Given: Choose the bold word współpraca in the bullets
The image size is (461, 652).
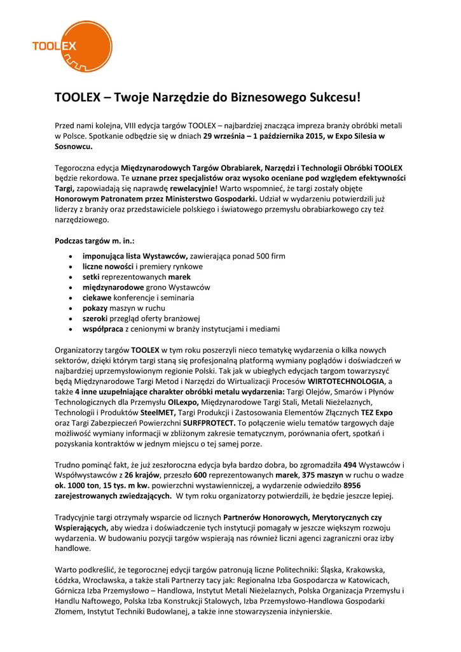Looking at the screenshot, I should (103, 329).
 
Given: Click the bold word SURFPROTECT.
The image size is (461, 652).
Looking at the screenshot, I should (209, 423).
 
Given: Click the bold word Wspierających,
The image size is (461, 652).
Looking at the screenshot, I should (81, 528).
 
